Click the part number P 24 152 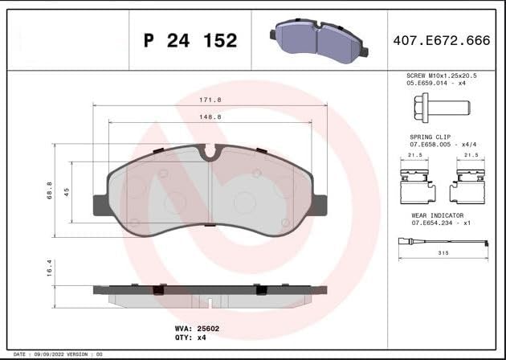[x=190, y=40]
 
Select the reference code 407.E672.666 [x=441, y=39]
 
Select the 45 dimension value [x=67, y=192]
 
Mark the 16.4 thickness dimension [x=50, y=267]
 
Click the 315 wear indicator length [x=442, y=253]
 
